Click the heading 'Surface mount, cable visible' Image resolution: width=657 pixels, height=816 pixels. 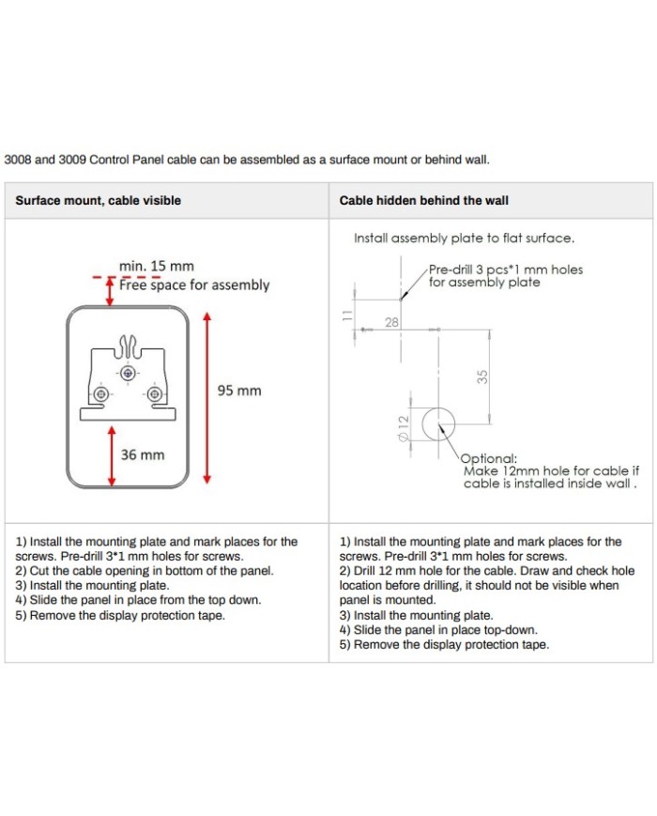tap(98, 200)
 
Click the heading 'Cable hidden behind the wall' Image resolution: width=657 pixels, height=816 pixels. tap(424, 200)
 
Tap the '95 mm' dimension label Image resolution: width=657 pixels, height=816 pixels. tap(239, 390)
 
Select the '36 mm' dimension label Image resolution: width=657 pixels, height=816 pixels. tap(143, 454)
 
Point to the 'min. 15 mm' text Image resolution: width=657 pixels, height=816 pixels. tap(157, 267)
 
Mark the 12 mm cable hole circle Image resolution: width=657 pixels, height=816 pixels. tap(437, 425)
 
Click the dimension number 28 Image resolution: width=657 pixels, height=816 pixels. tap(391, 322)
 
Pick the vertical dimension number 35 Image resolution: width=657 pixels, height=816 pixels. tap(482, 376)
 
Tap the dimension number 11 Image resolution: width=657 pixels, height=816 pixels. tap(347, 316)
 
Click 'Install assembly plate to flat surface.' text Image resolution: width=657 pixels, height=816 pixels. tap(464, 239)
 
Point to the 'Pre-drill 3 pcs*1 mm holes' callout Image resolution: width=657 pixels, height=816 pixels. tap(505, 269)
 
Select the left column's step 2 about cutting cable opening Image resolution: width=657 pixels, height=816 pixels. tap(145, 570)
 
